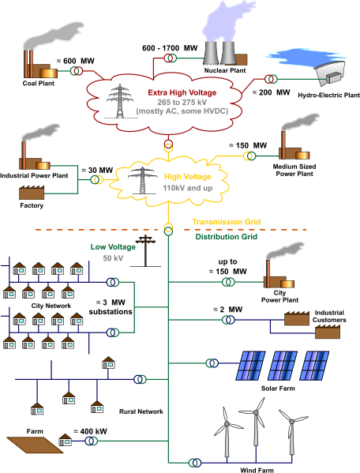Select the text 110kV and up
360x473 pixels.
click(x=184, y=189)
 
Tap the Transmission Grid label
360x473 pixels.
click(x=226, y=222)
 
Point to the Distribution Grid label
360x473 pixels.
click(x=226, y=236)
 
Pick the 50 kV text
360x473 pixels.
click(x=113, y=257)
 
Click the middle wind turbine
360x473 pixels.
click(x=256, y=434)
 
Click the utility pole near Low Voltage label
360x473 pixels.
click(x=145, y=249)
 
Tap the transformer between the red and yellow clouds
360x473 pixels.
click(x=168, y=147)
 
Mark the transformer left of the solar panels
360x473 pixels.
click(x=211, y=363)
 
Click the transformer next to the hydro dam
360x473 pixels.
click(x=271, y=79)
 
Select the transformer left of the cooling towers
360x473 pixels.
click(x=169, y=58)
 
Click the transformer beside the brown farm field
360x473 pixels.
click(x=92, y=441)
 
